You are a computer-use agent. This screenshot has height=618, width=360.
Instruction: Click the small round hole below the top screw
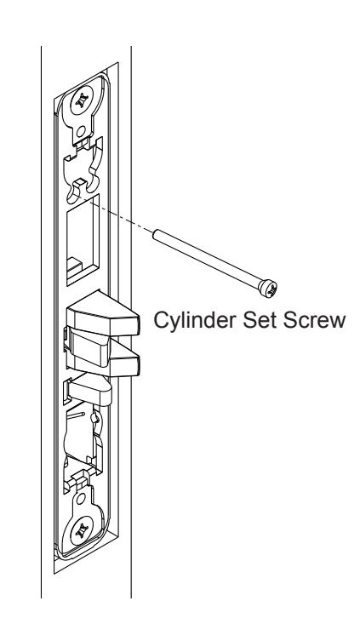(83, 133)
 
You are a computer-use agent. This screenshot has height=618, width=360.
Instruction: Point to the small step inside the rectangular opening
(74, 267)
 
